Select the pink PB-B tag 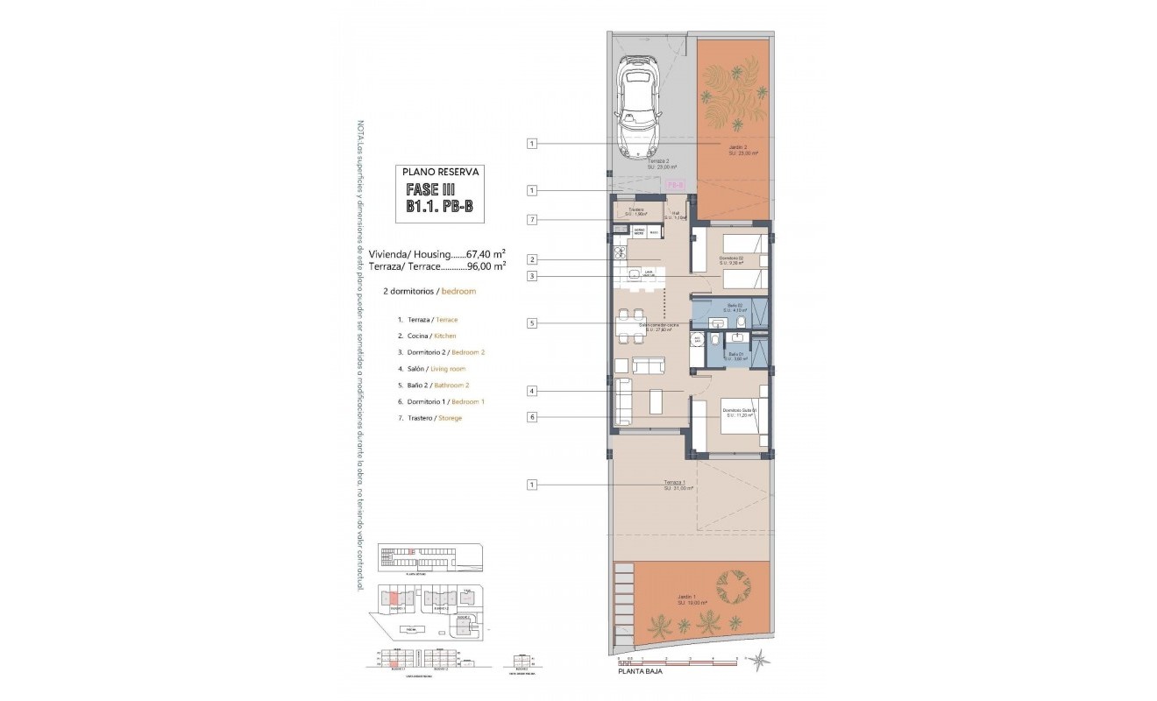click(x=675, y=186)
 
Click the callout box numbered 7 click(x=531, y=219)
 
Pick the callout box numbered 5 click(x=531, y=322)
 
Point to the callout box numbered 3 click(x=531, y=277)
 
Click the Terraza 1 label click(x=678, y=485)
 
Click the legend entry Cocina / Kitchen click(x=426, y=336)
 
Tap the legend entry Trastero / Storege click(x=429, y=418)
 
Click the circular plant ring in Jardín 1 click(x=734, y=584)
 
